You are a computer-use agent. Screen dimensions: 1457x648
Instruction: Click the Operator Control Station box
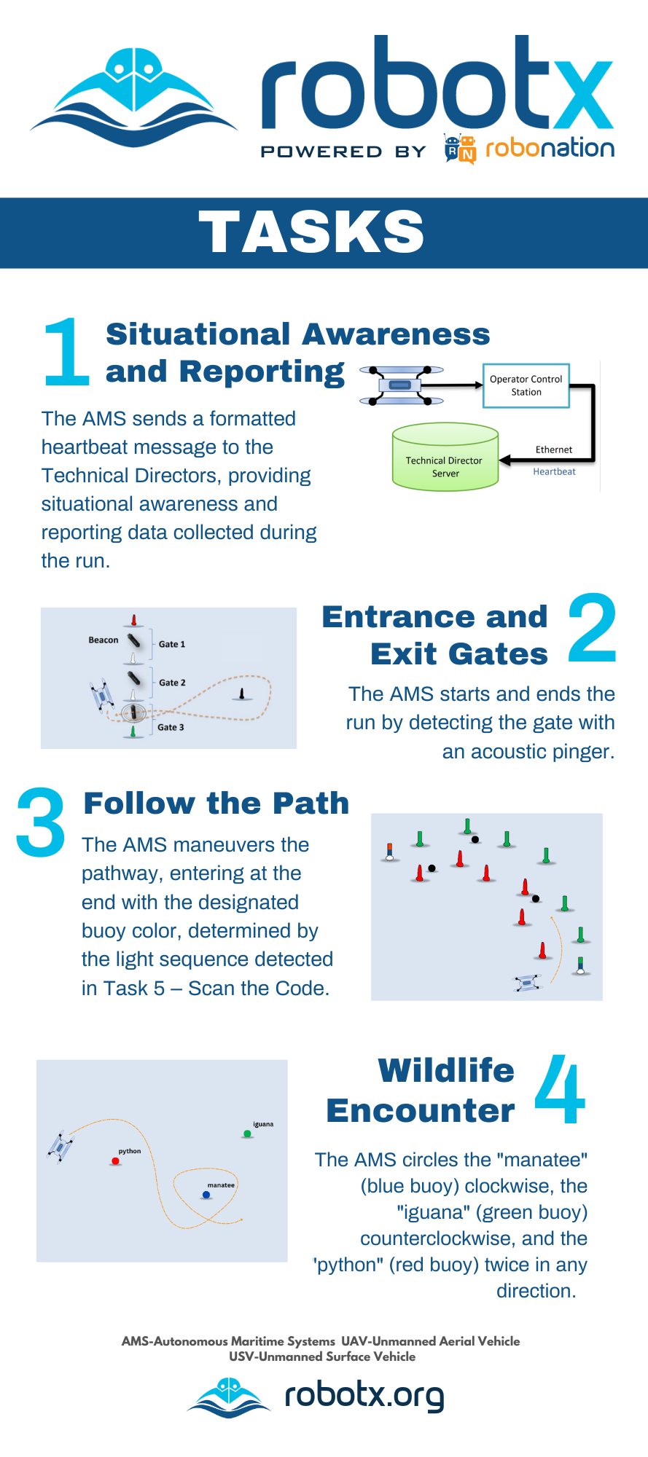click(526, 386)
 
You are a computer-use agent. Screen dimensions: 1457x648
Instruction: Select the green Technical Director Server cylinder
click(445, 458)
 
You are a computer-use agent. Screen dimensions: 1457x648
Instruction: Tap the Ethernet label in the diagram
click(554, 449)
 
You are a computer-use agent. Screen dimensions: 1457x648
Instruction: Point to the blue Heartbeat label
click(554, 471)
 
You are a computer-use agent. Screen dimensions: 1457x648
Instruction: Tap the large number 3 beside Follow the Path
click(41, 822)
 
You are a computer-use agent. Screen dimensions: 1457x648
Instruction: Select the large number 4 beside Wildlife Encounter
click(560, 1090)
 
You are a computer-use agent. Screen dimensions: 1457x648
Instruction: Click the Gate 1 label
click(172, 644)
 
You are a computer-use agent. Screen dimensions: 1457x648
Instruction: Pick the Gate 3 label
click(171, 727)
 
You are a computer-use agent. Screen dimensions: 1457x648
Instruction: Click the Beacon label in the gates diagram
click(104, 640)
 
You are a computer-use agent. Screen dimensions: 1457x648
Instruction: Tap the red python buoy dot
click(116, 1161)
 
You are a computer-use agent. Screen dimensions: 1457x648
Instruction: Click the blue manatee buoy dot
click(206, 1195)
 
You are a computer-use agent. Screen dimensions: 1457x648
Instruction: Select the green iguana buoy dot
click(248, 1134)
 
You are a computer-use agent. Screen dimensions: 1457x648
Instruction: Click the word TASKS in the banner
click(312, 232)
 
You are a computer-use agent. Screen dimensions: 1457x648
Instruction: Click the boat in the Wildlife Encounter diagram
click(60, 1147)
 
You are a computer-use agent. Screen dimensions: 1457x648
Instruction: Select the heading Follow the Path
click(216, 804)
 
